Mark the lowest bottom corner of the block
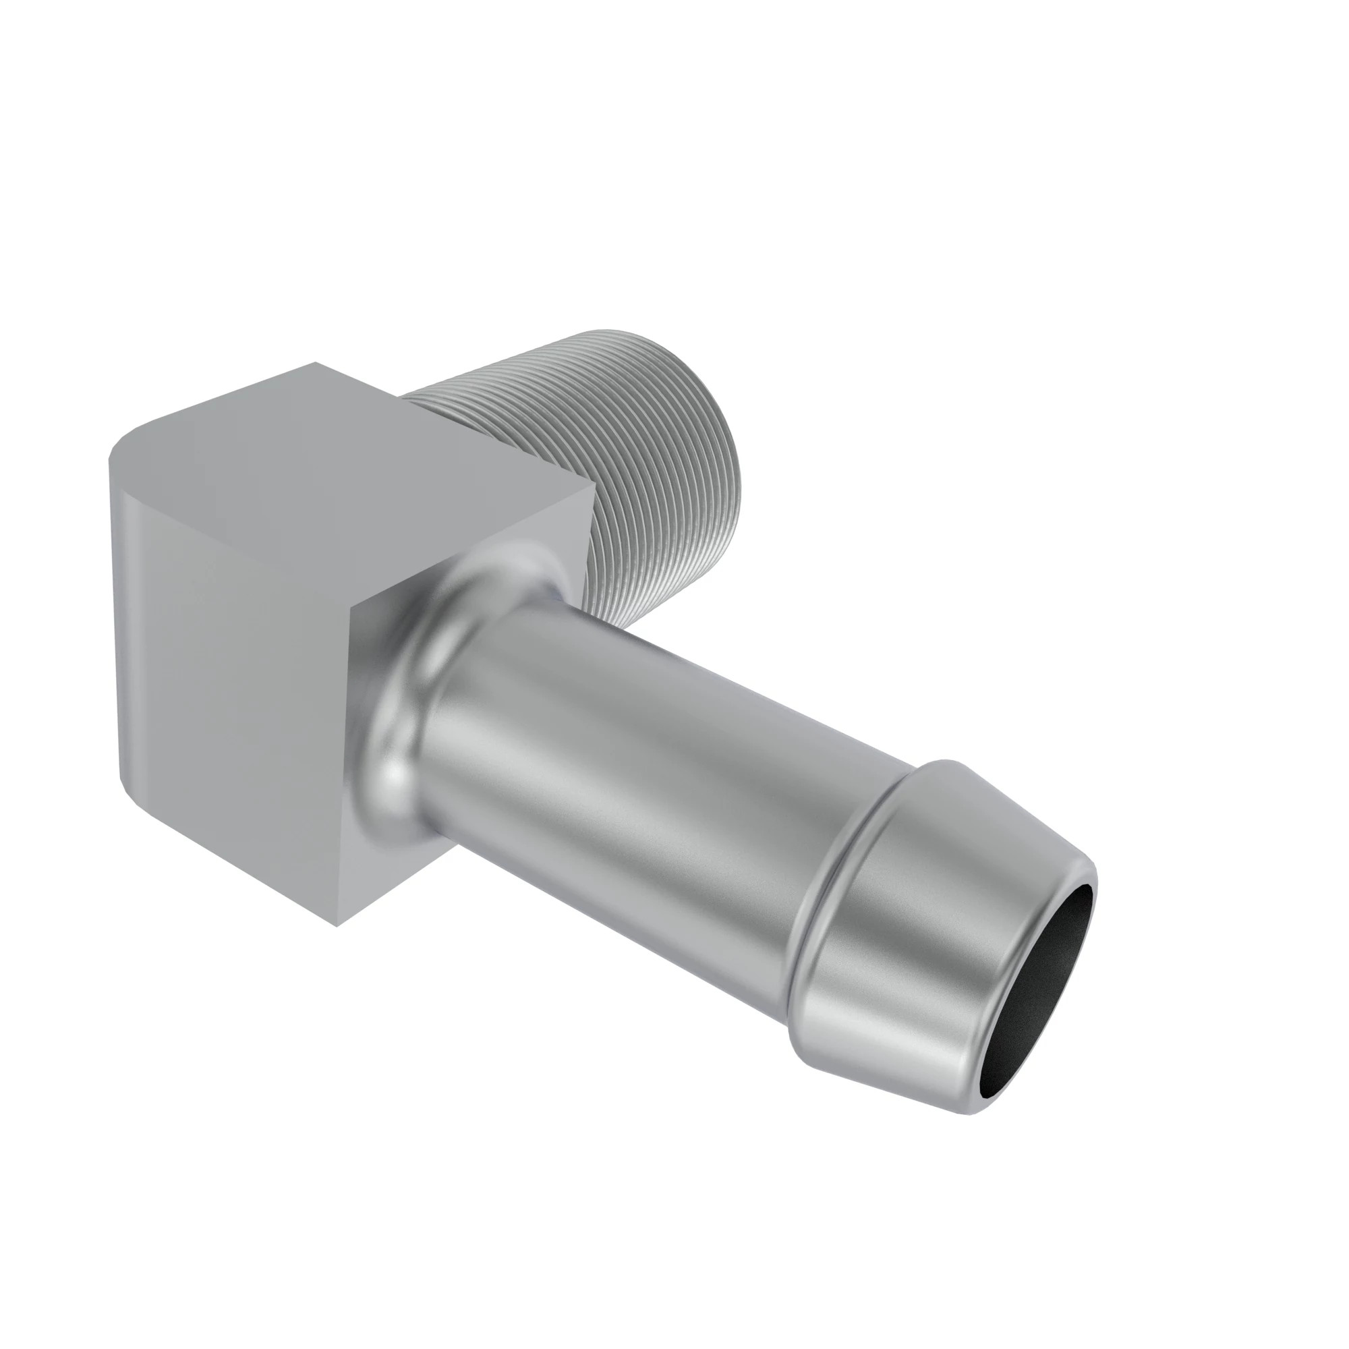coord(338,926)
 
